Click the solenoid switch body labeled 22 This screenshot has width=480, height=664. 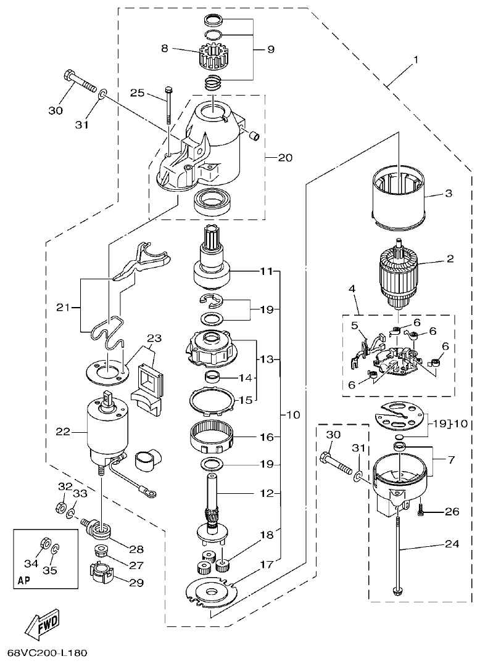click(107, 430)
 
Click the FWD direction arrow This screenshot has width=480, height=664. click(43, 626)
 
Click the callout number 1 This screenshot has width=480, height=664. click(416, 60)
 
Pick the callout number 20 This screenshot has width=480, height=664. click(284, 157)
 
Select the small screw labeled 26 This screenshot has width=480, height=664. click(422, 511)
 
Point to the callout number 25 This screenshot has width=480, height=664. click(138, 92)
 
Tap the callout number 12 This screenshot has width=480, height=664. click(266, 493)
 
